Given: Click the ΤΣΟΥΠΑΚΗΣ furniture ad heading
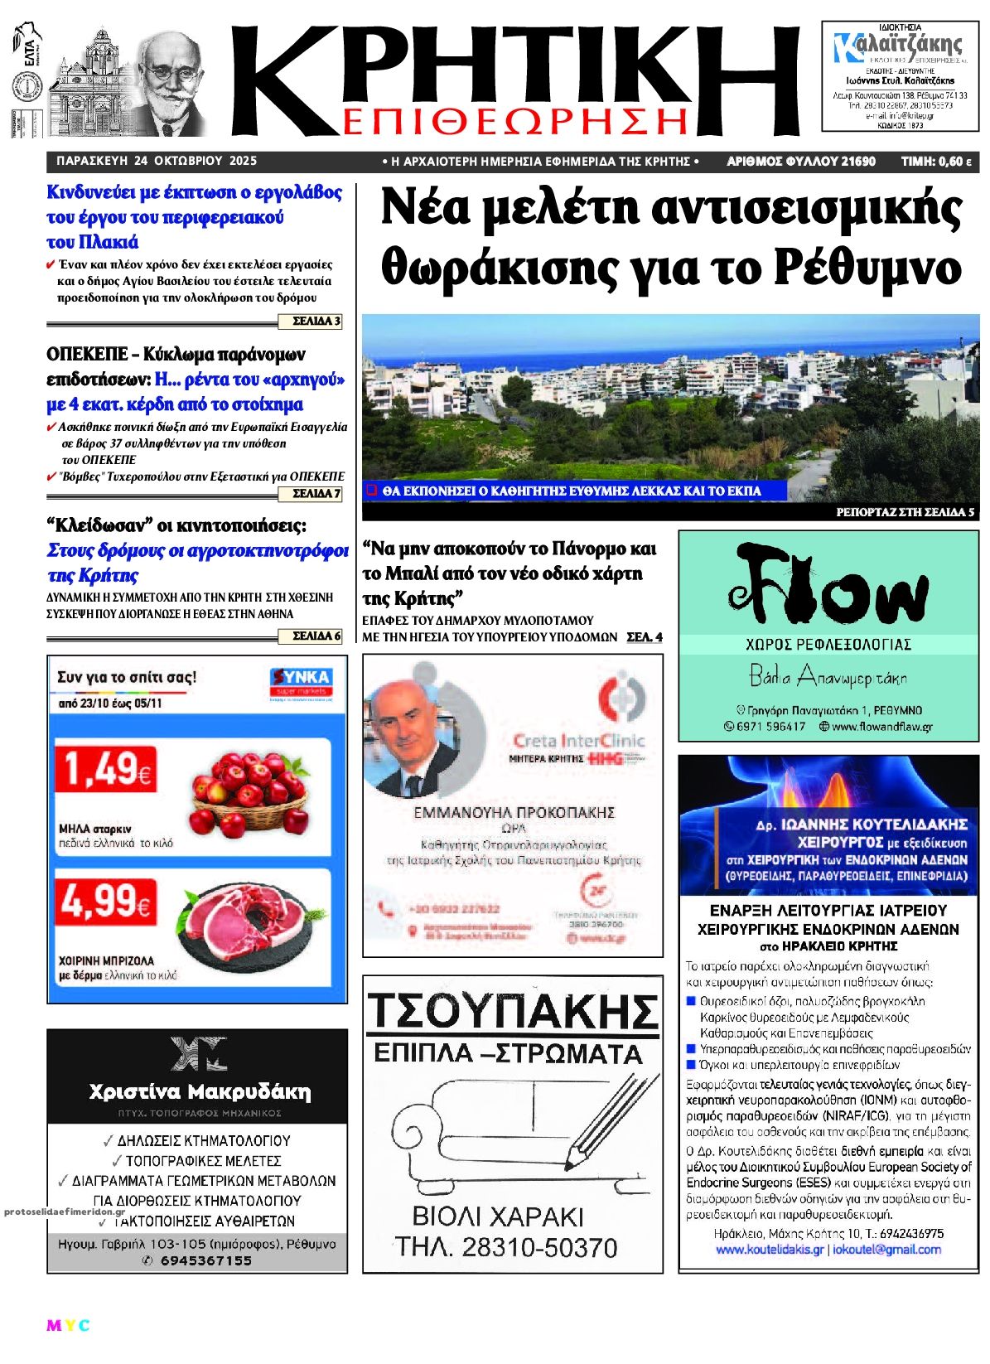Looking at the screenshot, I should pyautogui.click(x=512, y=1011).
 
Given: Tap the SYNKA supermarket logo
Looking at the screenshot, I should pyautogui.click(x=302, y=682).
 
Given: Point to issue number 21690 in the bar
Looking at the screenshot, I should pyautogui.click(x=857, y=162).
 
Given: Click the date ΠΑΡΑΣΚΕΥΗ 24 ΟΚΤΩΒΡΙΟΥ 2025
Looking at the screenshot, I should pyautogui.click(x=157, y=162).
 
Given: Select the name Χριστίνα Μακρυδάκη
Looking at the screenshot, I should pyautogui.click(x=200, y=1091).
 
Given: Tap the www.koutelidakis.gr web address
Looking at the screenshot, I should pyautogui.click(x=769, y=1250).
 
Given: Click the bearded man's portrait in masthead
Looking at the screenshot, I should pyautogui.click(x=171, y=79).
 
